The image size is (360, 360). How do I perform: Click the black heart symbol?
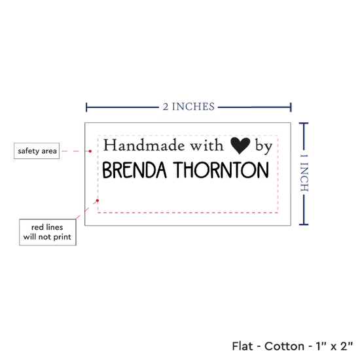240,145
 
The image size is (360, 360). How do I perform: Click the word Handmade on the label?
144,145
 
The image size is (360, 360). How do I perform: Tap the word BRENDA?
134,170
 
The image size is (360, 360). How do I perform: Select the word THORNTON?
221,170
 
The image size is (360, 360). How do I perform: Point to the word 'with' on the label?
207,145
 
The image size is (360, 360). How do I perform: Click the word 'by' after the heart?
264,147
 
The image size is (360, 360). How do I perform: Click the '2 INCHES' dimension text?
189,107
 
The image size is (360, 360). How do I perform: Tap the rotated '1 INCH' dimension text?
304,173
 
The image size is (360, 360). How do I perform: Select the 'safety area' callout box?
37,151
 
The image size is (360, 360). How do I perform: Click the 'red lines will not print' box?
48,232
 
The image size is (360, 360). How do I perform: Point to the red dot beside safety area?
90,151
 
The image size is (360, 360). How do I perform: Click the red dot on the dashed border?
98,200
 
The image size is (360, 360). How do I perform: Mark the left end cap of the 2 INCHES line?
86,107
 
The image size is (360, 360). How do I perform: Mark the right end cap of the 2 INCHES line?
291,107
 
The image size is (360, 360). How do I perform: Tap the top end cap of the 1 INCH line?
304,124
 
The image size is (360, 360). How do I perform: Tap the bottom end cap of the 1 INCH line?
304,225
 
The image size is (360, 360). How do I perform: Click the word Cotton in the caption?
284,346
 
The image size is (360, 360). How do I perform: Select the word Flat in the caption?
242,346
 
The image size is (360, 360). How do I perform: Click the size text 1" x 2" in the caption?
334,346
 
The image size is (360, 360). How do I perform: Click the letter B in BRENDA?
107,170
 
